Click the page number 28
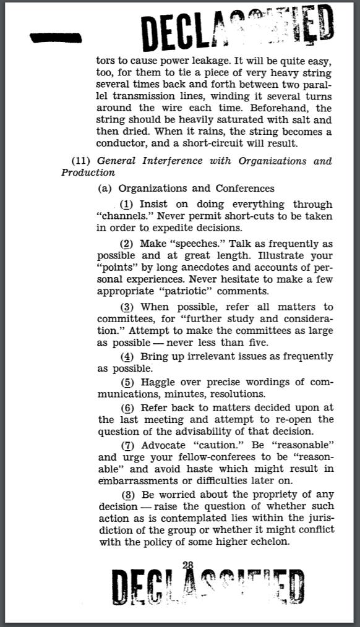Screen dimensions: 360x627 click(188, 565)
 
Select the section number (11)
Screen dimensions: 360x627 click(81, 161)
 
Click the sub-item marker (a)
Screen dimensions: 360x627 click(105, 188)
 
